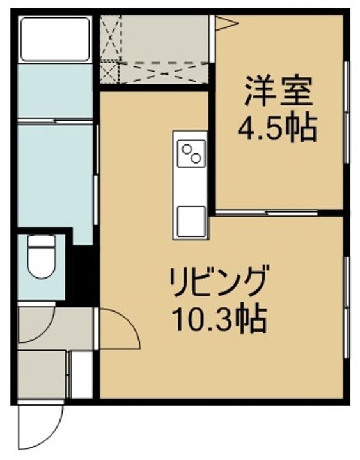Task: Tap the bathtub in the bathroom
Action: [55, 39]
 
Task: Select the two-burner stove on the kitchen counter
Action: [191, 153]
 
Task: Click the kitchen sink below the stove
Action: [191, 220]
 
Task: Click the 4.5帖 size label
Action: [278, 130]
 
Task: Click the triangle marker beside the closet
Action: [226, 24]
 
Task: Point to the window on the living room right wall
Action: [346, 307]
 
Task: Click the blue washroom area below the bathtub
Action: [54, 172]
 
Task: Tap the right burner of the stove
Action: [197, 157]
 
